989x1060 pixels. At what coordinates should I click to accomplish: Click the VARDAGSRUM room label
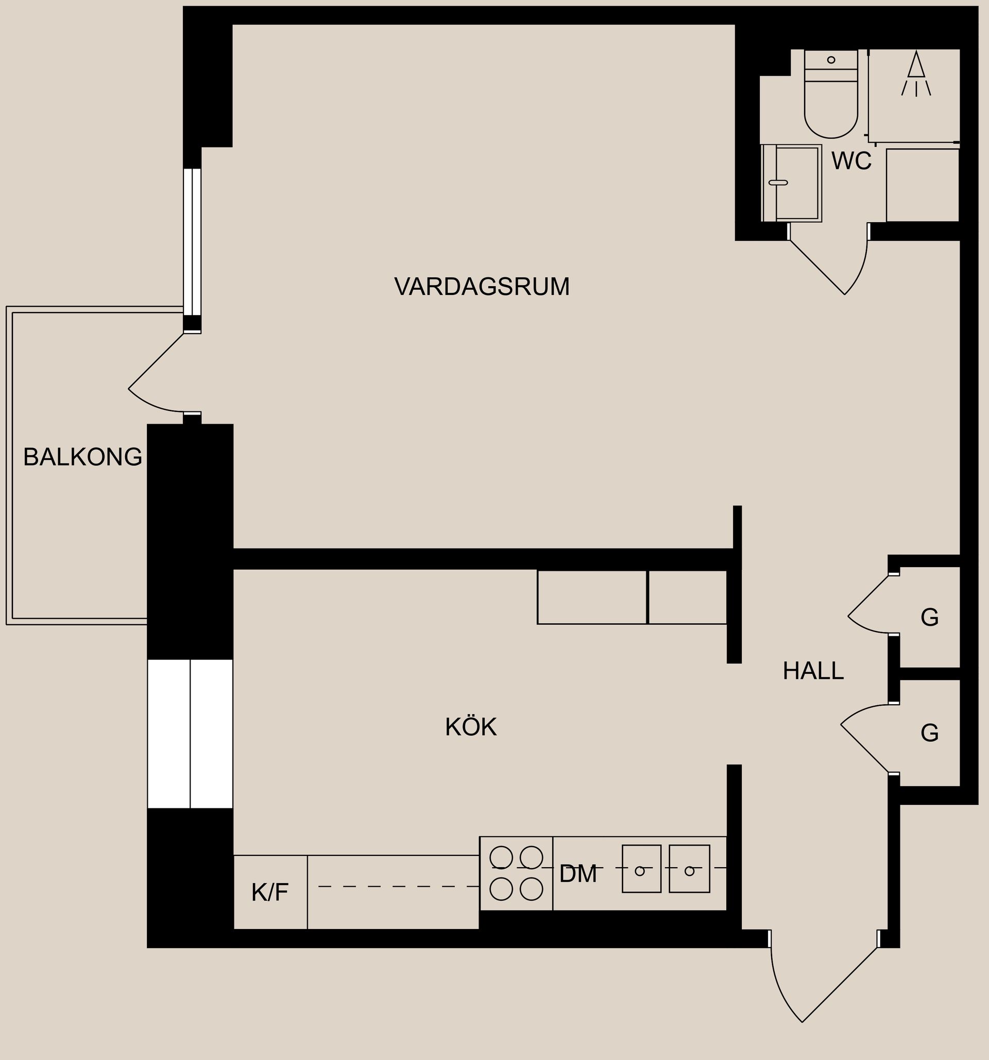pyautogui.click(x=482, y=287)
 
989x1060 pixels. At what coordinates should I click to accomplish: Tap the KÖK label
pyautogui.click(x=471, y=727)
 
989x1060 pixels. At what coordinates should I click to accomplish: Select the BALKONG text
pyautogui.click(x=82, y=457)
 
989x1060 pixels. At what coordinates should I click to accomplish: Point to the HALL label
pyautogui.click(x=813, y=671)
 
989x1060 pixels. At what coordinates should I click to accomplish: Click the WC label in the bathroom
pyautogui.click(x=851, y=161)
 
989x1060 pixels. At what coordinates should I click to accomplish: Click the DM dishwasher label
pyautogui.click(x=577, y=874)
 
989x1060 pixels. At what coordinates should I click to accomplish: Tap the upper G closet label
pyautogui.click(x=929, y=618)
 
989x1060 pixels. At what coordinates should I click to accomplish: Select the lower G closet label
pyautogui.click(x=929, y=733)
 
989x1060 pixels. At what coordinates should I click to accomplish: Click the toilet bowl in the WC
pyautogui.click(x=831, y=109)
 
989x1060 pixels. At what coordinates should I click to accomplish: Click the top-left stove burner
pyautogui.click(x=501, y=857)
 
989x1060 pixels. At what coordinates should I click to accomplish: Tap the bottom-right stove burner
pyautogui.click(x=531, y=889)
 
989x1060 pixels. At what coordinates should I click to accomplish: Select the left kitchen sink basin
pyautogui.click(x=641, y=869)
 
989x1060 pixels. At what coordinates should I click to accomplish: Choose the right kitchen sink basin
pyautogui.click(x=689, y=869)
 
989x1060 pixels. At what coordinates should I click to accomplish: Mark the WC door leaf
pyautogui.click(x=816, y=267)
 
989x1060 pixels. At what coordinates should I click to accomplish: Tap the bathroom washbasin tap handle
pyautogui.click(x=778, y=183)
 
